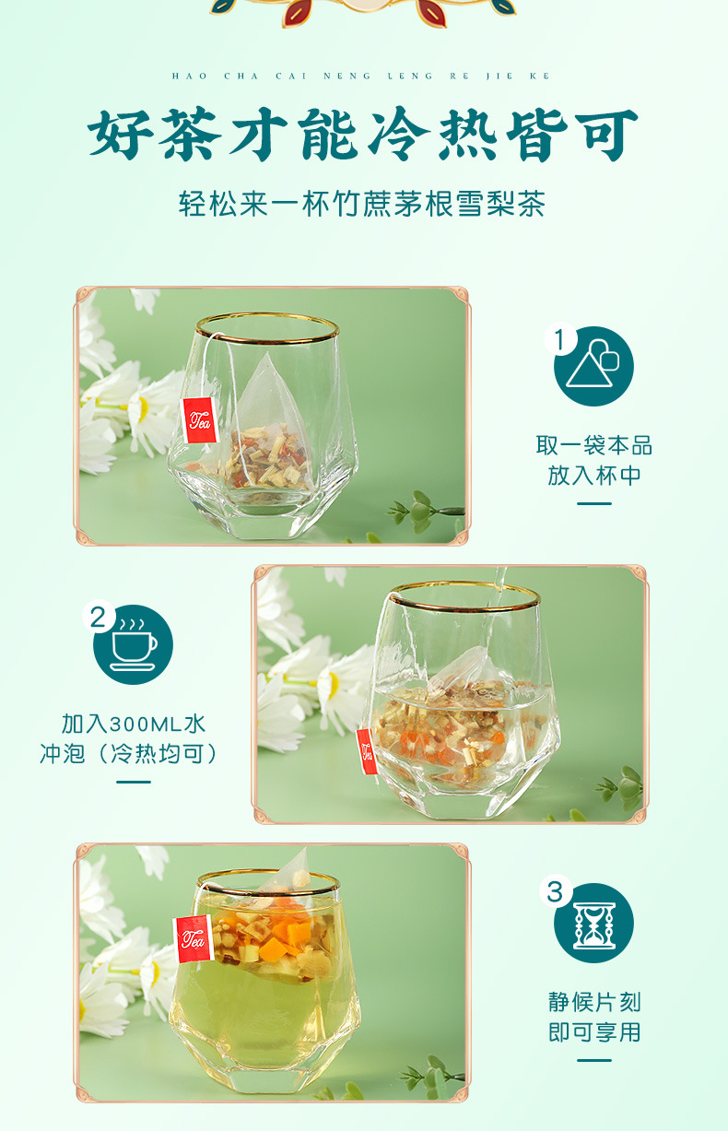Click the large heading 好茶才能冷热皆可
[363, 135]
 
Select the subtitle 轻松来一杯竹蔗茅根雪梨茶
[362, 204]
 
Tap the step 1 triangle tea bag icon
[593, 366]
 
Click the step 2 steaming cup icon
[134, 644]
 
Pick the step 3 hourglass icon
[593, 924]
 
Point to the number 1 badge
[557, 340]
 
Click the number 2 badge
[97, 617]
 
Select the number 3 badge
[555, 892]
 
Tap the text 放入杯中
[594, 476]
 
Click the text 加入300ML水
[134, 724]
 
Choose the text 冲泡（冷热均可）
[134, 754]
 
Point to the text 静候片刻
[594, 1002]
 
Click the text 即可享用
[594, 1032]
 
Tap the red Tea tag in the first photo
[200, 421]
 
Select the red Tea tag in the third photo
[191, 939]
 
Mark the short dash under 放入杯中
[594, 504]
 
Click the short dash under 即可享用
[594, 1060]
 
